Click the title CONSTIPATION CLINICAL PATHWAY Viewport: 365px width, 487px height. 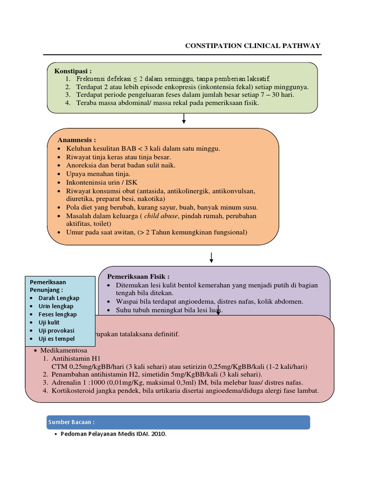click(253, 46)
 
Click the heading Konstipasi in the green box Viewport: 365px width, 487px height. click(73, 71)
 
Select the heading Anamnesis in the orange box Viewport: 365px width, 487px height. click(77, 140)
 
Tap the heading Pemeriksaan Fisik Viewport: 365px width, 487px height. click(138, 276)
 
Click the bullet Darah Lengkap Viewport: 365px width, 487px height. click(59, 298)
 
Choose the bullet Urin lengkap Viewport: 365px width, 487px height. click(56, 306)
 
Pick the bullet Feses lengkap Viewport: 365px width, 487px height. click(58, 314)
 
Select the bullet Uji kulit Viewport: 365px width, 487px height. click(50, 322)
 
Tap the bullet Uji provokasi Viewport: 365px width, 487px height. click(57, 330)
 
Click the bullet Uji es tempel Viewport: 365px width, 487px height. click(57, 338)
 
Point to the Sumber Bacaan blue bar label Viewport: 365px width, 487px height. click(71, 422)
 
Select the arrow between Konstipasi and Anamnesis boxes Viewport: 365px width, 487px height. click(184, 119)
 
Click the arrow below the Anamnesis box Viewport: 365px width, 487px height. click(211, 257)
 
